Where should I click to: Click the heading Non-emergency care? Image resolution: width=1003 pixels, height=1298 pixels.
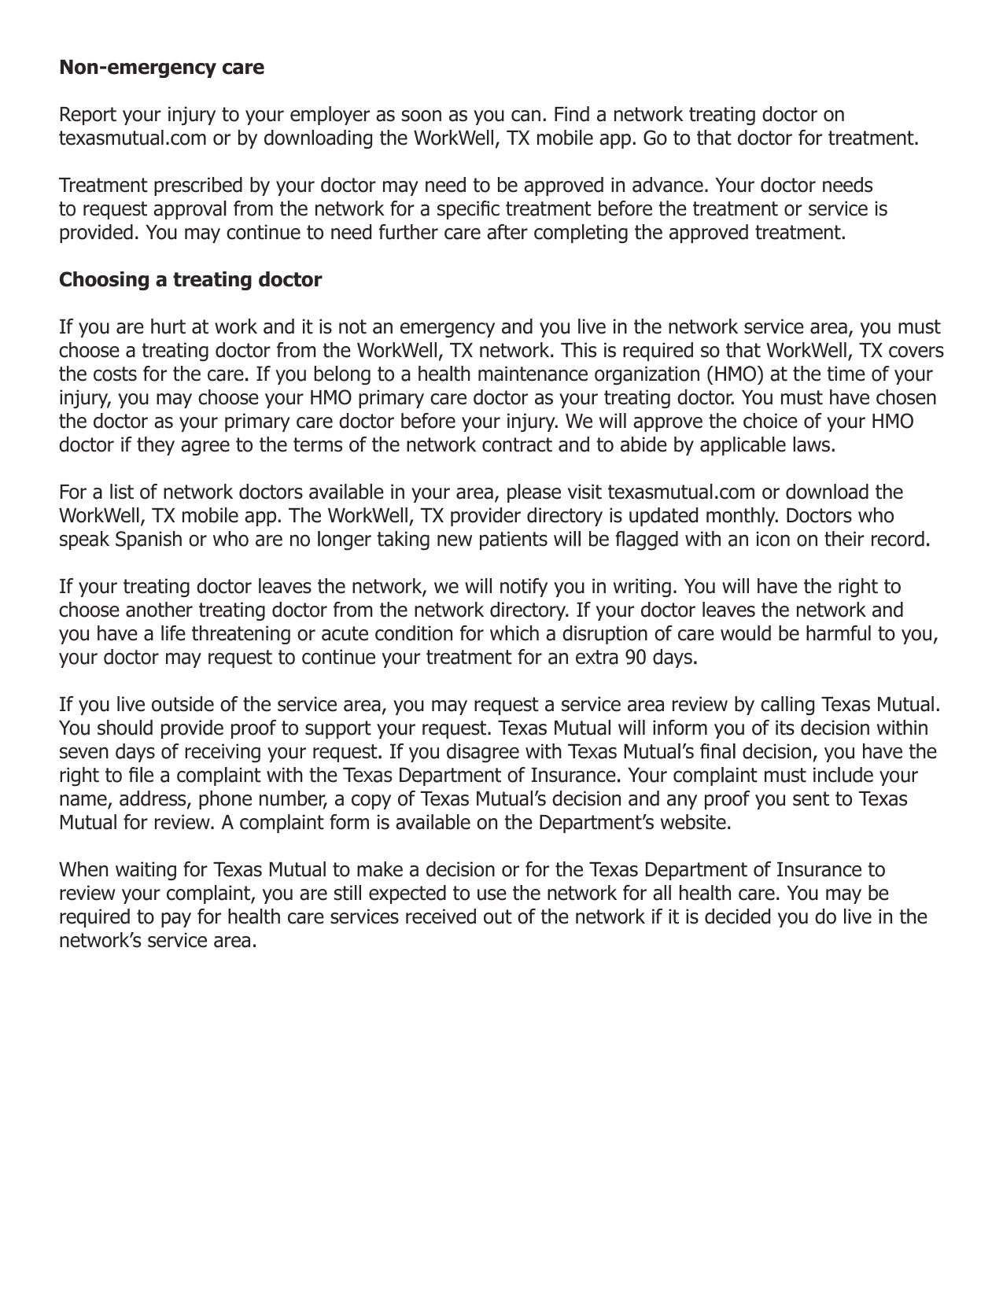pos(161,68)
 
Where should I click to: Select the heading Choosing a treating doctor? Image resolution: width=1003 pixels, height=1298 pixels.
pos(190,280)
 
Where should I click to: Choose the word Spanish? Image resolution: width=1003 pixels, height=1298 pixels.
pos(149,540)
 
